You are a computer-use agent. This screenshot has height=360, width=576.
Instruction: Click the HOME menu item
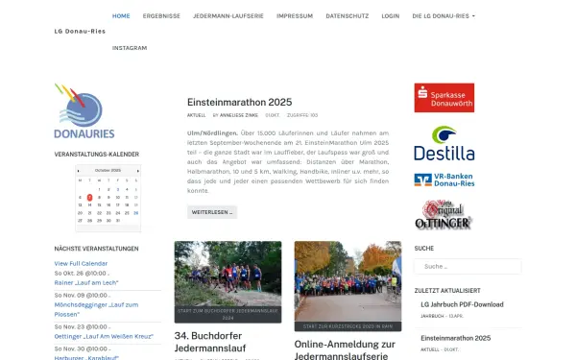coord(121,16)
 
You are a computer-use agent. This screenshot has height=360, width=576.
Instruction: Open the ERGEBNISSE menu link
coord(161,16)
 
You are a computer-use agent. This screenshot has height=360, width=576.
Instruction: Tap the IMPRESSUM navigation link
coord(294,16)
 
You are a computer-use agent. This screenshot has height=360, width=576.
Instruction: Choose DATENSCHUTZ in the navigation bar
coord(347,16)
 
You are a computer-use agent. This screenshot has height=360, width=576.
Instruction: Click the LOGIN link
coord(390,16)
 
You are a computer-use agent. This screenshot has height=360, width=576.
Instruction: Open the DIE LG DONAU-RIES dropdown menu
coord(443,16)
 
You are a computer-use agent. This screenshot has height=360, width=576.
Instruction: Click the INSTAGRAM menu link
coord(130,47)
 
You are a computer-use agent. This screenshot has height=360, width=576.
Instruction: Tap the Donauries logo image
coord(85,111)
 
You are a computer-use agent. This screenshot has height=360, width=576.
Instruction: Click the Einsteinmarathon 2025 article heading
coord(240,102)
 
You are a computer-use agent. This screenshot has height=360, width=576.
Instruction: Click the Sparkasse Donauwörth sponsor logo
coord(444,98)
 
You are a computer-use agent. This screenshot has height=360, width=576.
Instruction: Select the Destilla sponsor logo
coord(444,144)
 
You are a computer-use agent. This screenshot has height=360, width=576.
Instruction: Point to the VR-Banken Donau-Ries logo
coord(444,180)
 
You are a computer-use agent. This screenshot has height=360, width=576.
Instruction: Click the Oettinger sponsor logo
coord(444,214)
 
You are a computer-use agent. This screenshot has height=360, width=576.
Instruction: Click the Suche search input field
coord(454,266)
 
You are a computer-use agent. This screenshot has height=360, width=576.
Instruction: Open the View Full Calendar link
coord(81,263)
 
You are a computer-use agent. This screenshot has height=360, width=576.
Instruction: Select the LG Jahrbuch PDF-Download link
coord(462,305)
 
